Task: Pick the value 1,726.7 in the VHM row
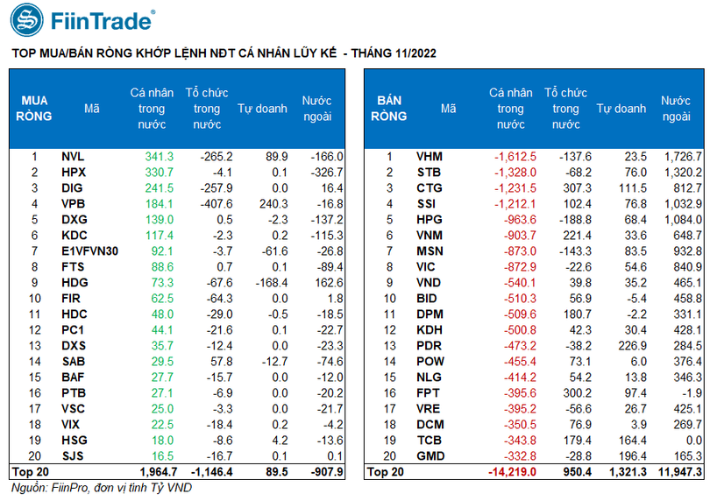click(681, 156)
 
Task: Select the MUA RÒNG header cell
click(34, 109)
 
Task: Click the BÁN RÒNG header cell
click(389, 109)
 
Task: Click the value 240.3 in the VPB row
click(273, 203)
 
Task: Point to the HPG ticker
click(429, 219)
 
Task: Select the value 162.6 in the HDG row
click(326, 282)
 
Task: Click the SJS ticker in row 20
click(73, 455)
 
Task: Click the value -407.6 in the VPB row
click(216, 203)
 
